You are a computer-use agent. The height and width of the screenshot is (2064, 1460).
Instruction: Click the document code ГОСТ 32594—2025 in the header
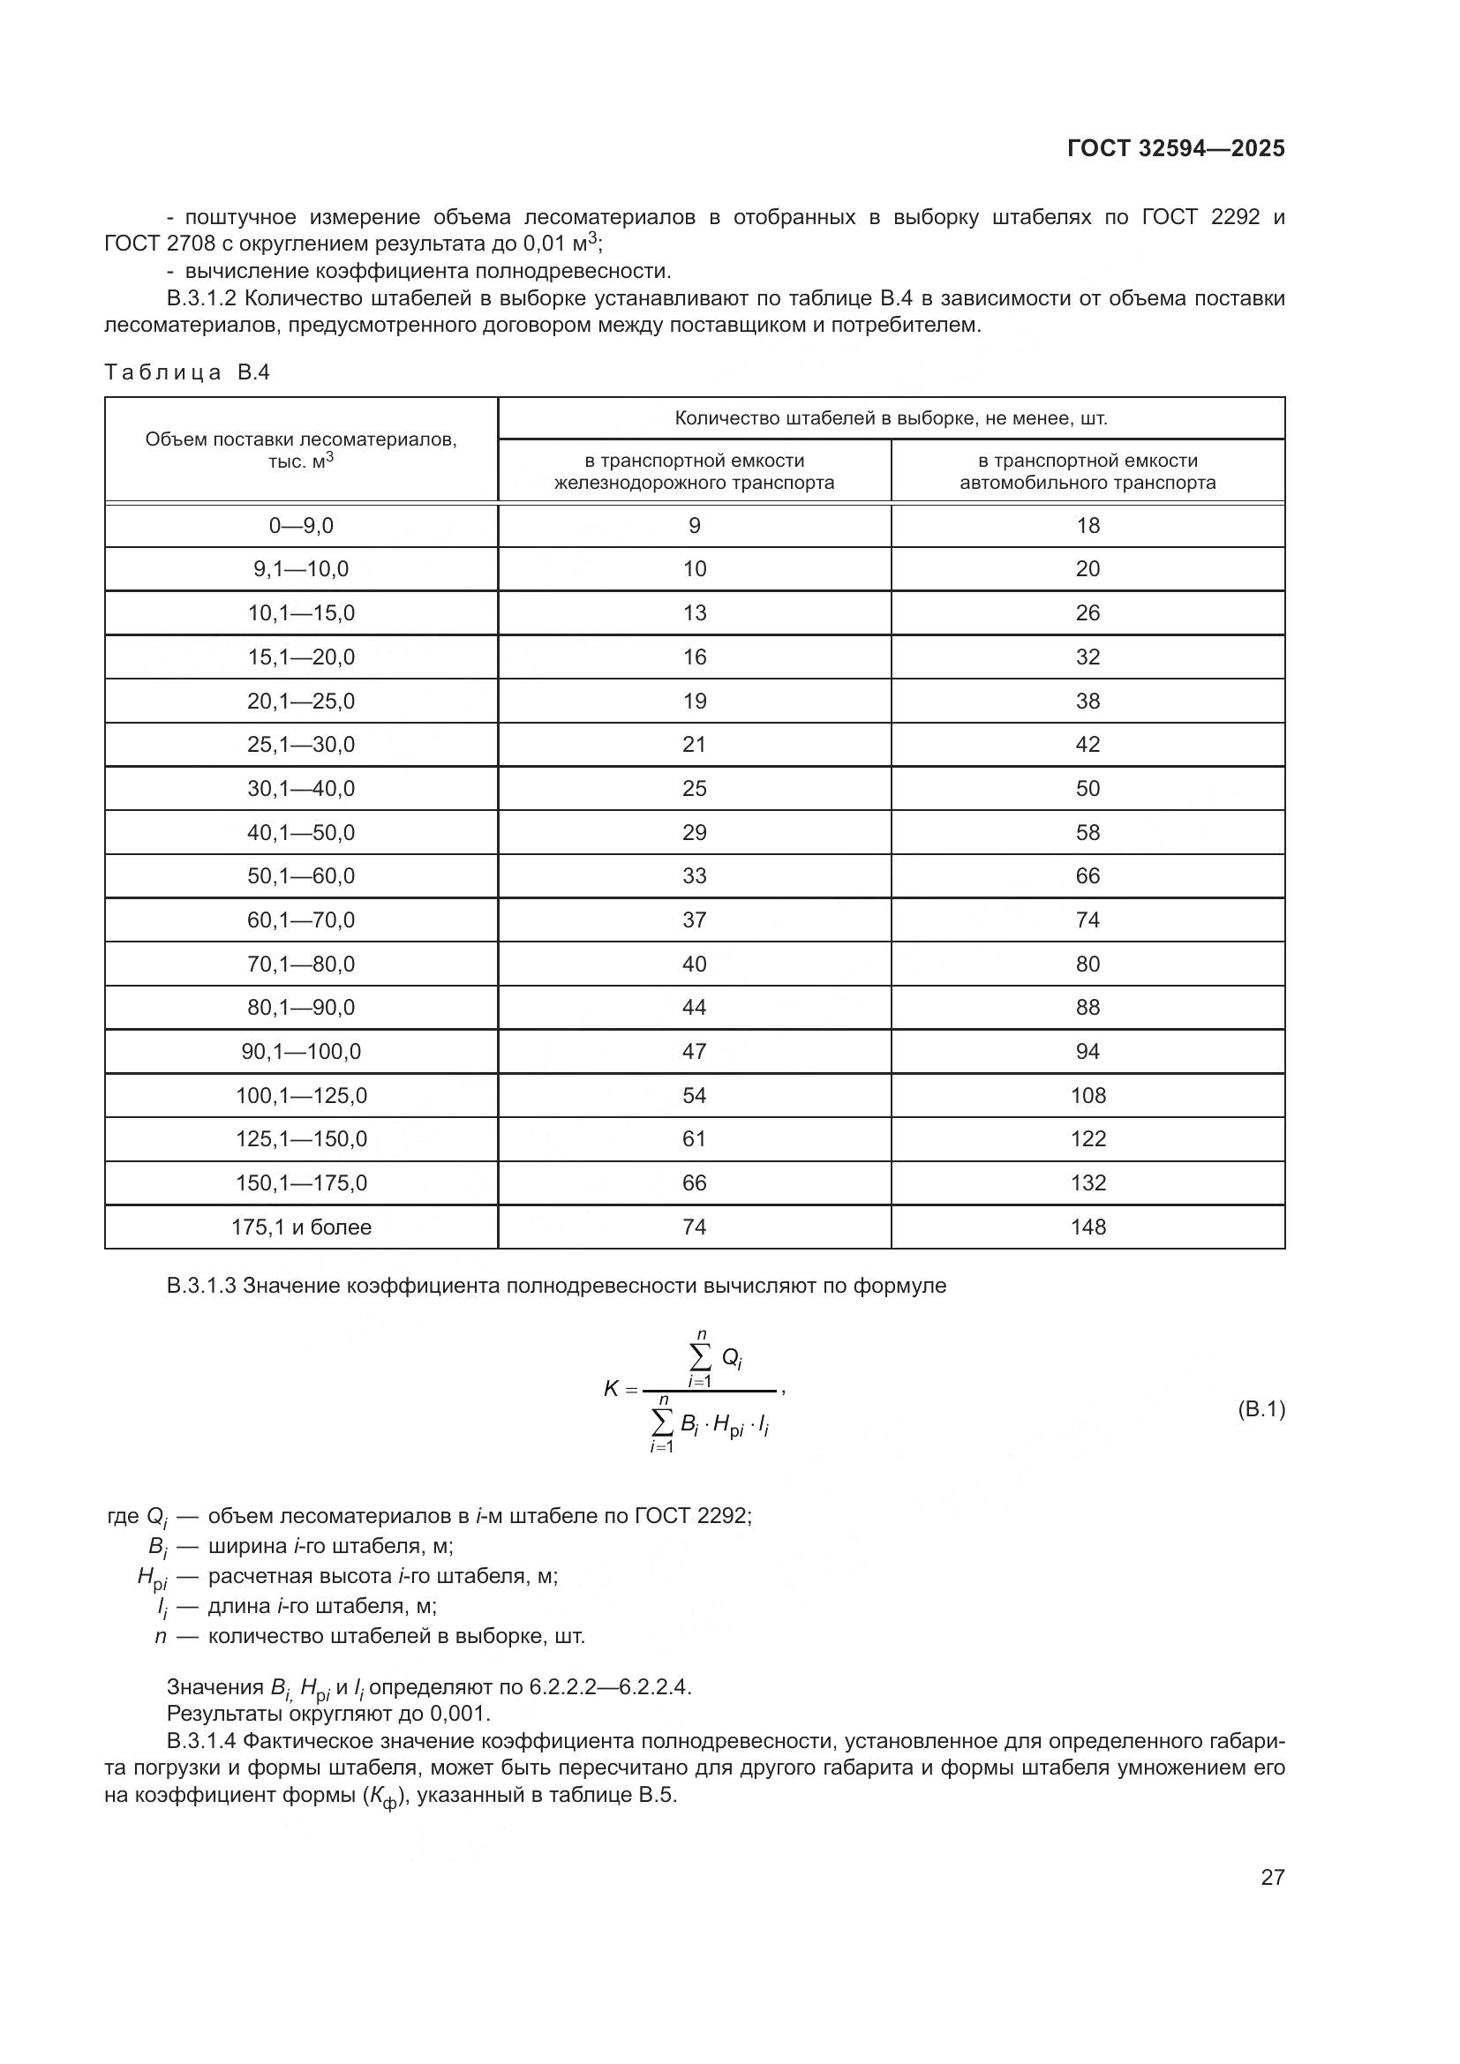coord(1175,148)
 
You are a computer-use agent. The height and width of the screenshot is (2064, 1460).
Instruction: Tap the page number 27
coord(1272,1877)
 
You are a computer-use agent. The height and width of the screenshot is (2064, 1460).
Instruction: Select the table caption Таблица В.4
coord(187,372)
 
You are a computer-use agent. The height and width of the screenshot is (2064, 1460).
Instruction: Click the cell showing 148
coord(1087,1227)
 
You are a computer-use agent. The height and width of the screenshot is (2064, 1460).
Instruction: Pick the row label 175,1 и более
coord(301,1227)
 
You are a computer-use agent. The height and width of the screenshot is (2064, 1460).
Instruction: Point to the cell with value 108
coord(1087,1095)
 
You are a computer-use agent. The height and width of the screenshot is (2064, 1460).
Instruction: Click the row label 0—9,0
coord(301,526)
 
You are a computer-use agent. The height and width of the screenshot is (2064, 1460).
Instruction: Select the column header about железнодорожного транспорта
coord(694,472)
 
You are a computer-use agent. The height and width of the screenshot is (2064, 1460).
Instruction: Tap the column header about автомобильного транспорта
coord(1087,472)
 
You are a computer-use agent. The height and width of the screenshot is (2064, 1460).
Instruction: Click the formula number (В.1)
coord(1261,1408)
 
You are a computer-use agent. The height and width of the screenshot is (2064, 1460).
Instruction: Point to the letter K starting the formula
coord(612,1389)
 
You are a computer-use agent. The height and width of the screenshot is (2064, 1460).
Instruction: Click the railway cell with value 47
coord(694,1052)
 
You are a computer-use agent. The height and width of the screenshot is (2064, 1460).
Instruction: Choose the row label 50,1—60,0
coord(301,875)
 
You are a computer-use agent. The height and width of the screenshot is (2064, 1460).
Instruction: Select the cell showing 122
coord(1087,1139)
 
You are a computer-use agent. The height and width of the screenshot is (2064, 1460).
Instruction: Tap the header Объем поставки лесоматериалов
coord(301,439)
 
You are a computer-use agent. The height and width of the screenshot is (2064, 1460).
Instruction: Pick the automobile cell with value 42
coord(1087,745)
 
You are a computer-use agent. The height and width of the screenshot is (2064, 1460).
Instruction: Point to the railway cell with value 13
coord(694,613)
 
